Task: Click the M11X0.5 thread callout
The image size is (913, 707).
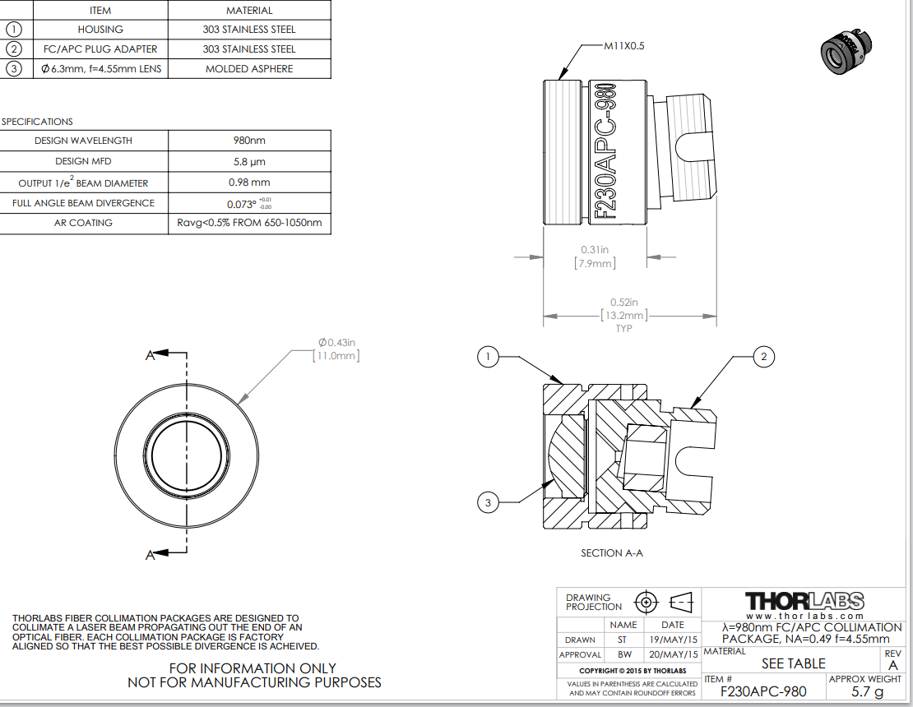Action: [623, 46]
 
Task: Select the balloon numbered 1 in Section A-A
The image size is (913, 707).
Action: [489, 356]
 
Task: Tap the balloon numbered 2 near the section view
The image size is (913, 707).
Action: [763, 356]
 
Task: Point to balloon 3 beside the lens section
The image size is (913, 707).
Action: [489, 501]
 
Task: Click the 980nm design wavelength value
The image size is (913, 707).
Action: [249, 141]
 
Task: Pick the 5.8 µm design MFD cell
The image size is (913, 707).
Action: [249, 162]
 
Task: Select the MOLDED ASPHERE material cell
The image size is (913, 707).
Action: [249, 69]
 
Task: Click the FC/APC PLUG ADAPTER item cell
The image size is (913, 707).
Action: [100, 49]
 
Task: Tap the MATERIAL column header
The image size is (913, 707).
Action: [249, 11]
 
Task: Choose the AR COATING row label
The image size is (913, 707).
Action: [84, 223]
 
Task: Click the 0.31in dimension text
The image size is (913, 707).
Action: [595, 249]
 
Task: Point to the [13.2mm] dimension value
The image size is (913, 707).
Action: [623, 315]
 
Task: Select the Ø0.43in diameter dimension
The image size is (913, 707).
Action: [336, 342]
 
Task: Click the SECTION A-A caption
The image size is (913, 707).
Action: [612, 553]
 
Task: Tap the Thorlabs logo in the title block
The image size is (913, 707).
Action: [804, 600]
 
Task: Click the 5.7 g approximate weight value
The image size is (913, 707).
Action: [867, 692]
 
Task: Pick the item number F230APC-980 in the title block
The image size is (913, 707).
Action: [763, 692]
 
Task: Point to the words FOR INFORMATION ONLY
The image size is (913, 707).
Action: [253, 668]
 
